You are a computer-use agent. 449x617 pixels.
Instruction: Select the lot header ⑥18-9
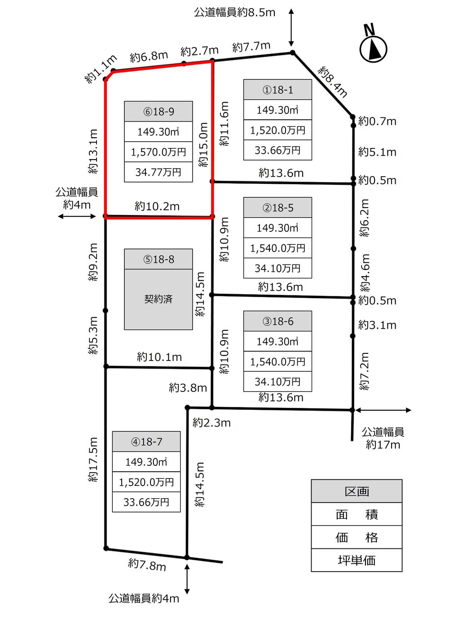[x=158, y=111]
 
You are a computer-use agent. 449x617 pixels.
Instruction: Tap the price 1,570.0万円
[x=158, y=152]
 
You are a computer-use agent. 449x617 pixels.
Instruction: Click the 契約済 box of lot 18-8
[x=158, y=299]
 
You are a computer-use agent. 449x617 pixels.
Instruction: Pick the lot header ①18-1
[x=277, y=90]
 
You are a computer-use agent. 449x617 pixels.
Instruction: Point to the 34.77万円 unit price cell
[x=158, y=172]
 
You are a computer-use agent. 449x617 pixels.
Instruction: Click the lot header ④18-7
[x=146, y=442]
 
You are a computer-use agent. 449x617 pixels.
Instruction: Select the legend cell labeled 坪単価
[x=357, y=560]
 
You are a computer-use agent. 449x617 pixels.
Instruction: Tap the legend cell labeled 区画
[x=357, y=491]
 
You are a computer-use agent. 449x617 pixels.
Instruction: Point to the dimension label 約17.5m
[x=93, y=460]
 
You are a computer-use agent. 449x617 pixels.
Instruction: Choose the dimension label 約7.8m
[x=147, y=565]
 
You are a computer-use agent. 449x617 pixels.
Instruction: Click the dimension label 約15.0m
[x=203, y=144]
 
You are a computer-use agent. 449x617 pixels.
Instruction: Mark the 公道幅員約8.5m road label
[x=234, y=12]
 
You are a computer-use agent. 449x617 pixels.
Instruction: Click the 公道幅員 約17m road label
[x=383, y=438]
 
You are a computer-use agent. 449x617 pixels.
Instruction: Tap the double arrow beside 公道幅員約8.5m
[x=291, y=27]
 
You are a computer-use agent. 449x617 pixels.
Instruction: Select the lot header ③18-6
[x=277, y=322]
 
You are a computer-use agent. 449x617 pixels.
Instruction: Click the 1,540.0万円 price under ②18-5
[x=277, y=248]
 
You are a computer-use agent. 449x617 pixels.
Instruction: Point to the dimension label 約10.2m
[x=157, y=206]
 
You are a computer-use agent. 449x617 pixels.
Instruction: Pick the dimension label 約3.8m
[x=188, y=387]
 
